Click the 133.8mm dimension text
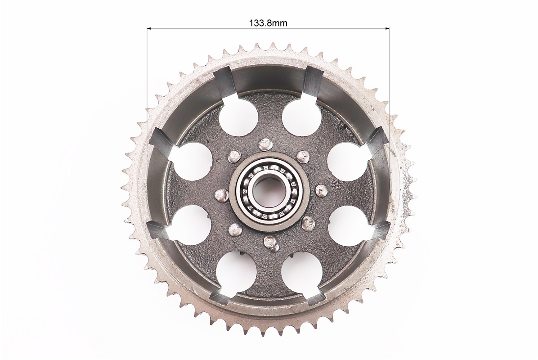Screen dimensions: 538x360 click(268, 23)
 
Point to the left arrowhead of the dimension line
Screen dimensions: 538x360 click(150, 28)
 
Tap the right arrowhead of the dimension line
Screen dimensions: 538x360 click(387, 28)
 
